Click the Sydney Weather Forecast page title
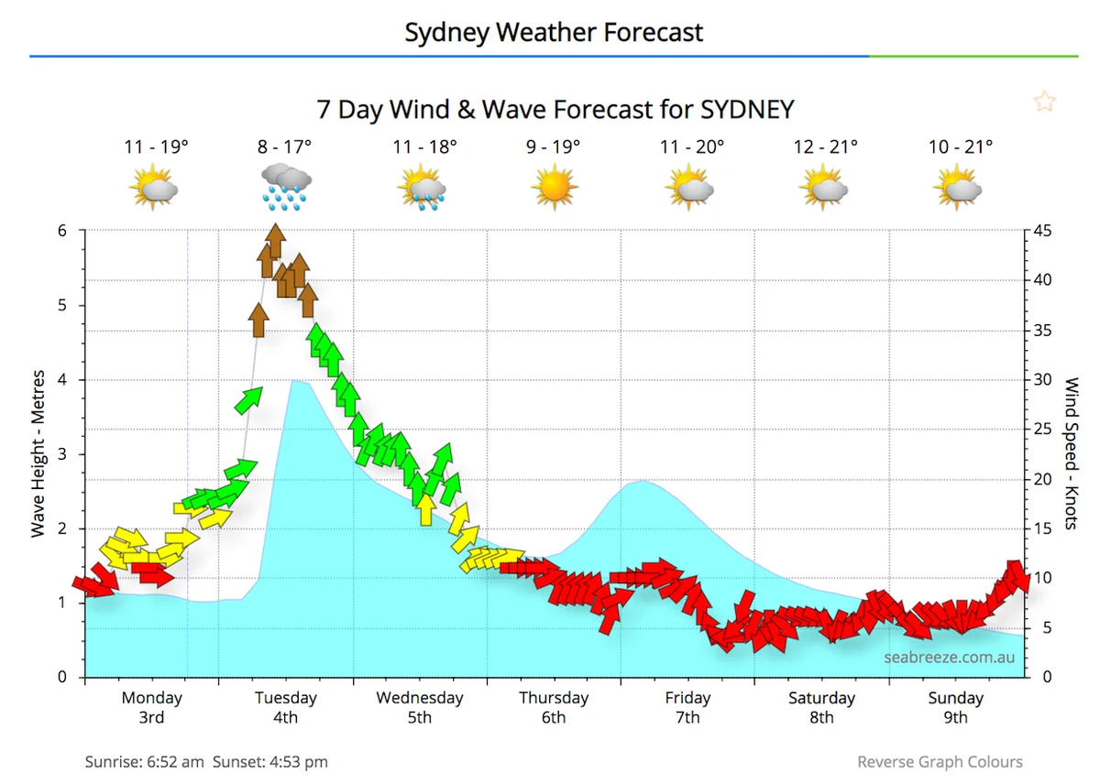(x=554, y=33)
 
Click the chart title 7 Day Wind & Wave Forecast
(x=555, y=109)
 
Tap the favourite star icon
(x=1044, y=102)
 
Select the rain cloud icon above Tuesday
(x=285, y=186)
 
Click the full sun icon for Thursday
(x=554, y=187)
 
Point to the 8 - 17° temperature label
(x=284, y=147)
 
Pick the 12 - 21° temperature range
(x=827, y=147)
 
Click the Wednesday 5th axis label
(x=420, y=707)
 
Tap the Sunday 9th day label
(x=955, y=707)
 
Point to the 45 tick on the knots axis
(x=1042, y=231)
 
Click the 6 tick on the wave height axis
(x=63, y=231)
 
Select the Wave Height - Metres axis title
(x=38, y=453)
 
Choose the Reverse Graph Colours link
(x=940, y=762)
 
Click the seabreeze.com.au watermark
(x=949, y=658)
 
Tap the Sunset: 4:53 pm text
(x=270, y=762)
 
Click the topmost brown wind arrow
(x=274, y=242)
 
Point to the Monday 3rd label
(x=151, y=707)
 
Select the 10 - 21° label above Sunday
(x=961, y=147)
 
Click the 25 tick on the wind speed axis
(x=1042, y=429)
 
